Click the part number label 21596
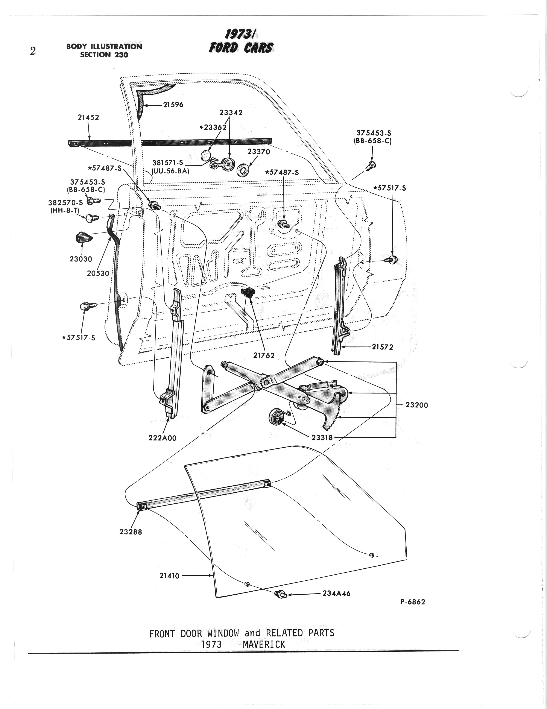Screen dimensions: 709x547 pyautogui.click(x=173, y=105)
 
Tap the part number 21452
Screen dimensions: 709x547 pyautogui.click(x=88, y=117)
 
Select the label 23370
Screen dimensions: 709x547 pyautogui.click(x=259, y=151)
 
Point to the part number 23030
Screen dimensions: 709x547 pyautogui.click(x=81, y=259)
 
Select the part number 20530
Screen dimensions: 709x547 pyautogui.click(x=98, y=273)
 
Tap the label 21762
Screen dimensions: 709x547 pyautogui.click(x=264, y=355)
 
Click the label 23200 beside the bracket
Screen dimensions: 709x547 pyautogui.click(x=417, y=405)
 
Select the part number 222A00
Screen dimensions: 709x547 pyautogui.click(x=162, y=438)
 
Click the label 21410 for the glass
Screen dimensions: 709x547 pyautogui.click(x=169, y=575)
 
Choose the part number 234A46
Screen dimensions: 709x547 pyautogui.click(x=336, y=594)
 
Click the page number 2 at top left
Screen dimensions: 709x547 pyautogui.click(x=33, y=51)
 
